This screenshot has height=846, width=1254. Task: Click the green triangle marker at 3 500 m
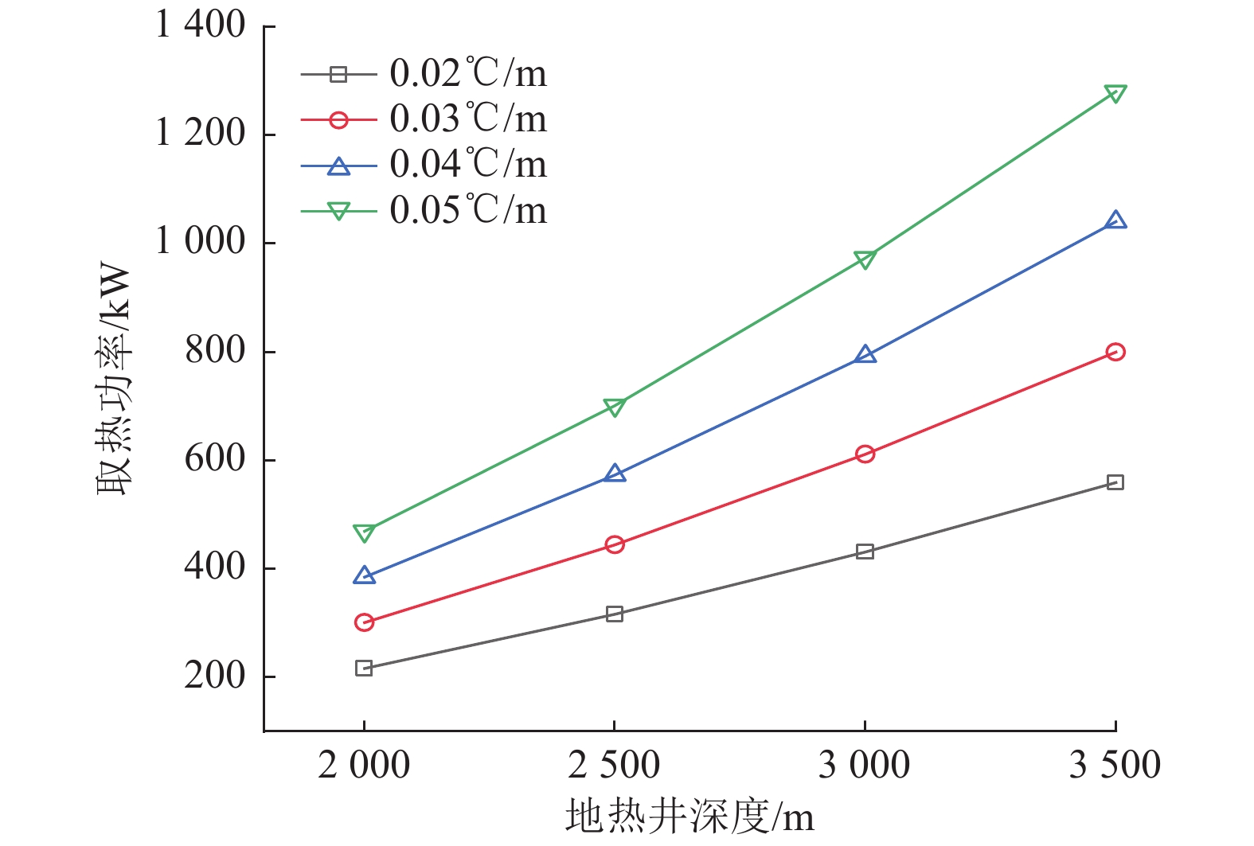coord(1115,94)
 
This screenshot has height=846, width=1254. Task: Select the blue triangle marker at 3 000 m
coord(865,355)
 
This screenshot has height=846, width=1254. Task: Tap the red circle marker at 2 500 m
coord(614,544)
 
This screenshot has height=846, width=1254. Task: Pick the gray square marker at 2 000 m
coord(364,668)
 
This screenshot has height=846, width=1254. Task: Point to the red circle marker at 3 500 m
coord(1115,352)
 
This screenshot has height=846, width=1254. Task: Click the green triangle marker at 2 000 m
coord(364,532)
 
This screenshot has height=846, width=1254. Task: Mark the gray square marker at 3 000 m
coord(865,552)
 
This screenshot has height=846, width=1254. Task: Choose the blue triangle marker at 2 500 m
coord(614,474)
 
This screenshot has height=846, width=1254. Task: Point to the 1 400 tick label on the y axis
coord(201,25)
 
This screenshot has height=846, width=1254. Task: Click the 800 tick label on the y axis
coord(215,351)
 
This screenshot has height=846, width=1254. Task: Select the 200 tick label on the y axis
coord(215,676)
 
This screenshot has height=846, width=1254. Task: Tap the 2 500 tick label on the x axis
coord(614,766)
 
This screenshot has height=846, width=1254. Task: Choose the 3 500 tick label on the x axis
coord(1115,766)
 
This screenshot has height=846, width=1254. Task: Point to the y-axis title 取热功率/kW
coord(113,379)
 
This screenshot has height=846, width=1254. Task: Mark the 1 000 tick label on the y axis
coord(201,242)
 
